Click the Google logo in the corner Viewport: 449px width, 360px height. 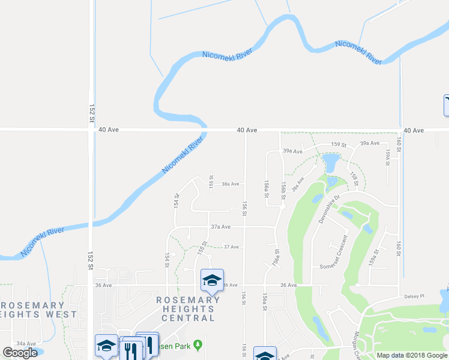point(20,353)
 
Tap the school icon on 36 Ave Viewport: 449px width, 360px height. point(211,280)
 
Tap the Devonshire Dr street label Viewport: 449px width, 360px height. point(329,208)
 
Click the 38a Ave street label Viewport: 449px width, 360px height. point(231,184)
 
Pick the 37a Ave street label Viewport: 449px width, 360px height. point(221,227)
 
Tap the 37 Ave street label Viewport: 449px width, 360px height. point(231,247)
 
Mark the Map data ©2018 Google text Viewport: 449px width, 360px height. point(412,355)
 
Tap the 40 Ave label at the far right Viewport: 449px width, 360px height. point(414,130)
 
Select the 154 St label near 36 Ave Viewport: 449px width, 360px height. point(166,260)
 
